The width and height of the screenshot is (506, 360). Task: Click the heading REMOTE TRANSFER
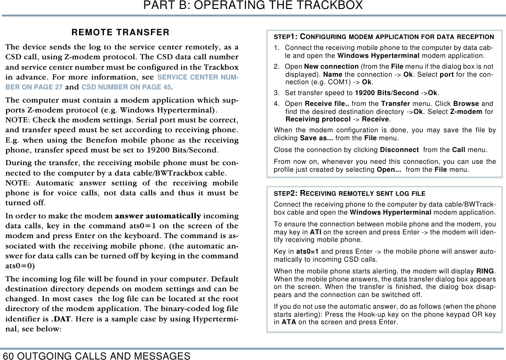click(120, 32)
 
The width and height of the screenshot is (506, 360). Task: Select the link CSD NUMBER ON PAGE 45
click(126, 87)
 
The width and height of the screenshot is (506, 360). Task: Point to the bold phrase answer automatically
click(158, 216)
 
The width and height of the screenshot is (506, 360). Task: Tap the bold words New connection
click(331, 66)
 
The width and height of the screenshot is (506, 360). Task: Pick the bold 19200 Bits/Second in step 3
click(386, 93)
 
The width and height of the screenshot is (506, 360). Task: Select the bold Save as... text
click(316, 138)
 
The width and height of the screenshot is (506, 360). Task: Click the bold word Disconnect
click(399, 150)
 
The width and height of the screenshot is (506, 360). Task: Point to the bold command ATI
click(315, 232)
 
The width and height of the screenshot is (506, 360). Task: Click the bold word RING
click(485, 272)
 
